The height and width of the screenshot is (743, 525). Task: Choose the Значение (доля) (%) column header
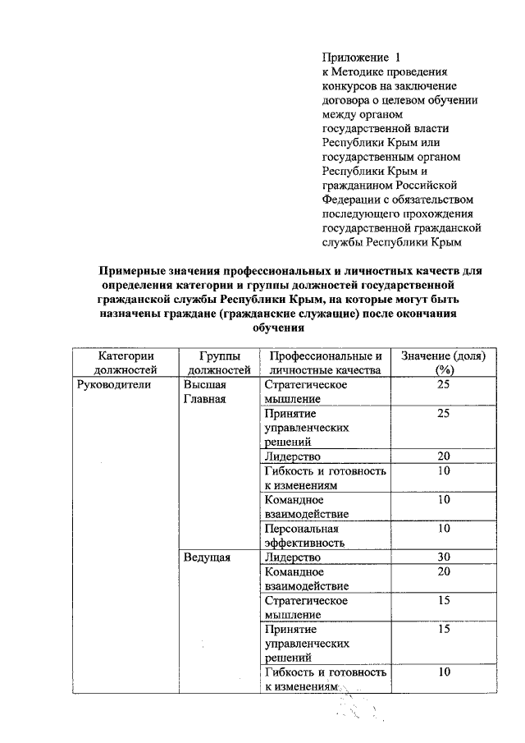point(443,363)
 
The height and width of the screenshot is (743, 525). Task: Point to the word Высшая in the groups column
point(205,385)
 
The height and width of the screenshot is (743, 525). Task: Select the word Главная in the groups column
point(205,399)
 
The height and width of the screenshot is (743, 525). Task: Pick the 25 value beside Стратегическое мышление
point(443,385)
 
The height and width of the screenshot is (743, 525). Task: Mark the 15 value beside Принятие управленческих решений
point(443,629)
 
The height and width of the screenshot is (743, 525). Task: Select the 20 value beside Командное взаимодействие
point(443,571)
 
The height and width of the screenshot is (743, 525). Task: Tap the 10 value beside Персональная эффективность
point(443,528)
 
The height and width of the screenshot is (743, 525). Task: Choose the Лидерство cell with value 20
point(293,456)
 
